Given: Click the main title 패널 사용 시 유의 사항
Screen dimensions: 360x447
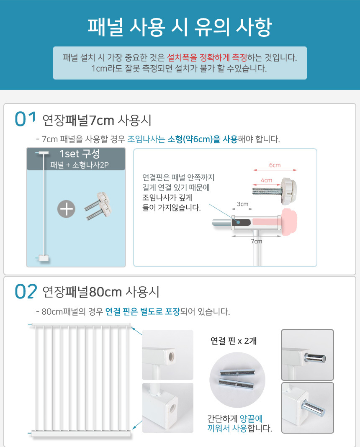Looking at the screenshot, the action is point(180,27).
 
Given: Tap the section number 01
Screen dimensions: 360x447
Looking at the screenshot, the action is point(26,119).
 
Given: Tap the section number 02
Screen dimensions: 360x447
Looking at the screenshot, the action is point(26,291).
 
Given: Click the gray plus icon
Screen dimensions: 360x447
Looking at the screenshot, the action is point(67,209).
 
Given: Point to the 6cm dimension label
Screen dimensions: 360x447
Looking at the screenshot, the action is point(275,165).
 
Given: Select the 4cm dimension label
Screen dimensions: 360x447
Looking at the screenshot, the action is point(267,180).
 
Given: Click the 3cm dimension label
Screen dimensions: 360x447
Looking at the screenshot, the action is point(242,204).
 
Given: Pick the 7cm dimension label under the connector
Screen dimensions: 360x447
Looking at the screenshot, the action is point(256,241).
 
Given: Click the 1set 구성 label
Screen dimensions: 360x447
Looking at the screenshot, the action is point(80,154).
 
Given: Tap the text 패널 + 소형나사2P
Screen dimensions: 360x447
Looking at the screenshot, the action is point(80,165).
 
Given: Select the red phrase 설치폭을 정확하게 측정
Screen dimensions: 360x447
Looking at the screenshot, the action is point(207,58).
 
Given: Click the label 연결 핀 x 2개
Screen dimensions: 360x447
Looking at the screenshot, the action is point(234,341).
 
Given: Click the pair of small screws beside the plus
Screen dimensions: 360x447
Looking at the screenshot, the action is point(99,206).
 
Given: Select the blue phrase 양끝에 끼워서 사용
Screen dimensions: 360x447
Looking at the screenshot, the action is point(235,423).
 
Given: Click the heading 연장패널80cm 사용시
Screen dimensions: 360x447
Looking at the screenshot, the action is point(100,292).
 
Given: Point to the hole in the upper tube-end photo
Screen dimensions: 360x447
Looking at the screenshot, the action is point(171,356).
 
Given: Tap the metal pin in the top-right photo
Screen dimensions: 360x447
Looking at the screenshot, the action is point(315,358).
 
